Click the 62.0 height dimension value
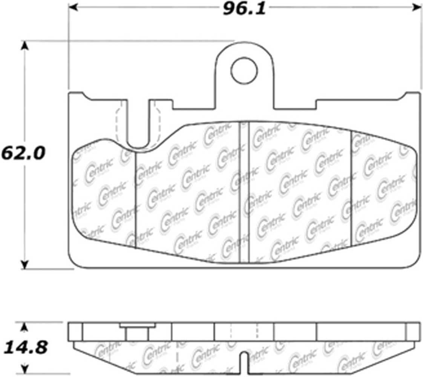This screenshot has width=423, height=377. [23, 153]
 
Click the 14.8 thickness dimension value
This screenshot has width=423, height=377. [23, 347]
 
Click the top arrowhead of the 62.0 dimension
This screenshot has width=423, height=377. [25, 46]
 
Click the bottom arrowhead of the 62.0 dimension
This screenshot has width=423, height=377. [25, 265]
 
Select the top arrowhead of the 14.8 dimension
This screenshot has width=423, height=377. [25, 326]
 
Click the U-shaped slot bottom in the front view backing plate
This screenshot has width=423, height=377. [138, 145]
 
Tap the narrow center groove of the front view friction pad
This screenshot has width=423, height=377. [244, 192]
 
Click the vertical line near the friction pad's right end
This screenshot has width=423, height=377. [351, 188]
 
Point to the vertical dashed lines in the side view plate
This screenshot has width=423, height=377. [244, 332]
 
